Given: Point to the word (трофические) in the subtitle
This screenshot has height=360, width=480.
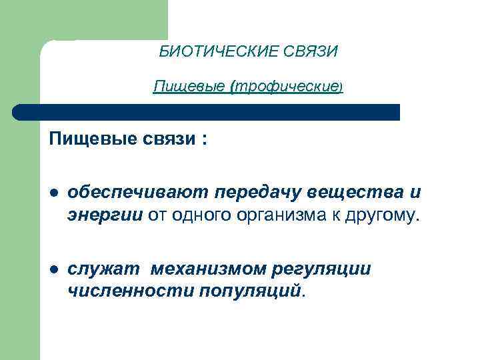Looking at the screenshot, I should (x=287, y=87).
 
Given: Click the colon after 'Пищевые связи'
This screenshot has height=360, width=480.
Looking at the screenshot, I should (x=204, y=142).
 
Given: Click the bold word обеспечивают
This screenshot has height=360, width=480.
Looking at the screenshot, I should (x=138, y=193).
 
